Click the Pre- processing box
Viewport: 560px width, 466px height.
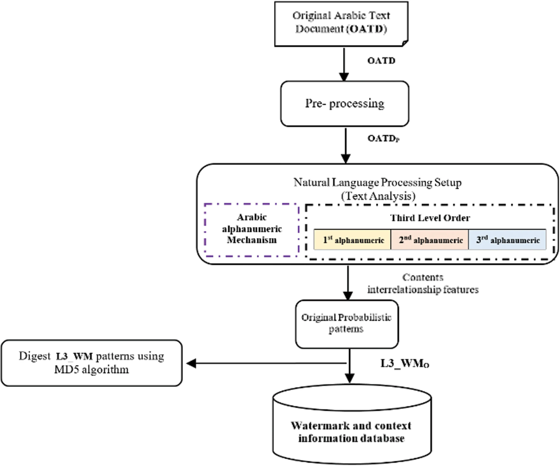point(344,104)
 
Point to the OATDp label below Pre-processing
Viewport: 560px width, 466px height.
point(383,138)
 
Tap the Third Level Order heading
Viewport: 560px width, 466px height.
point(430,218)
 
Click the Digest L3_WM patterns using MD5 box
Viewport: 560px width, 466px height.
point(91,363)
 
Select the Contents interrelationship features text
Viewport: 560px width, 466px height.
point(423,284)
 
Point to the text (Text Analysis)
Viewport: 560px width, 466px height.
point(378,196)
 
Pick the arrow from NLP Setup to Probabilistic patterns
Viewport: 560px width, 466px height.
point(348,283)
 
